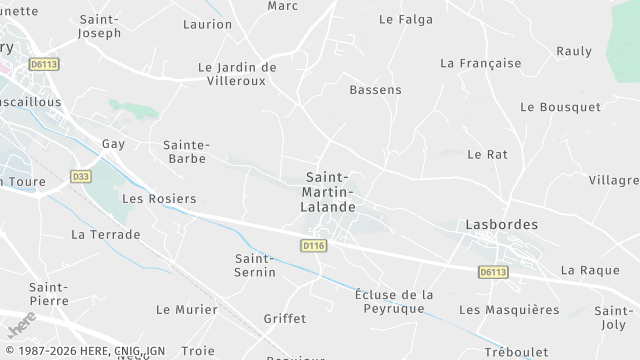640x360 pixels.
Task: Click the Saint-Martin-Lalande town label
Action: pyautogui.click(x=329, y=192)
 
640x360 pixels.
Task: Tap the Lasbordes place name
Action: pyautogui.click(x=501, y=225)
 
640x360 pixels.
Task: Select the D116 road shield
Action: pyautogui.click(x=314, y=245)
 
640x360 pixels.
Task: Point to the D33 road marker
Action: pyautogui.click(x=81, y=176)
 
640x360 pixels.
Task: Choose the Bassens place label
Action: pyautogui.click(x=375, y=90)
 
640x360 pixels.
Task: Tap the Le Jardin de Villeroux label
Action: pyautogui.click(x=238, y=74)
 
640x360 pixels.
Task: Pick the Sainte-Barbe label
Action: pyautogui.click(x=185, y=151)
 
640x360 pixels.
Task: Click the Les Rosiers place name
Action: pyautogui.click(x=159, y=199)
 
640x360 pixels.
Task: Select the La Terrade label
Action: pyautogui.click(x=106, y=234)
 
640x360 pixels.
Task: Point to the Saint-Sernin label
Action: pyautogui.click(x=255, y=265)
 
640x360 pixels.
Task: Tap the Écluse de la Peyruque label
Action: pyautogui.click(x=394, y=301)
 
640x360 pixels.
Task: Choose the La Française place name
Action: pyautogui.click(x=481, y=63)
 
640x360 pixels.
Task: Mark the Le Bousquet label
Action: pyautogui.click(x=560, y=107)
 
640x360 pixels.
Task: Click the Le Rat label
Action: pyautogui.click(x=488, y=154)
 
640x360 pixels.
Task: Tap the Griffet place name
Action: pyautogui.click(x=284, y=319)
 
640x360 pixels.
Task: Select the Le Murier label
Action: pyautogui.click(x=187, y=310)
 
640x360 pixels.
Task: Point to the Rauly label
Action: pyautogui.click(x=574, y=51)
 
